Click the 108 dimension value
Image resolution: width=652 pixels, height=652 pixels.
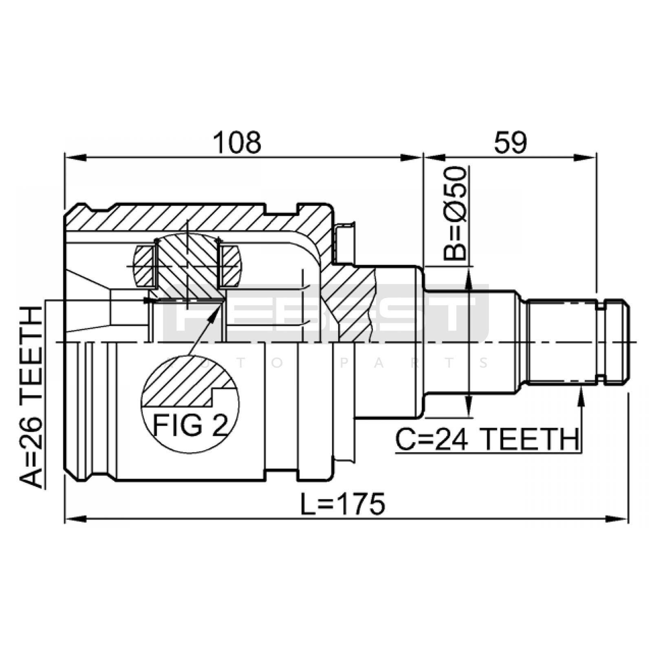(x=237, y=143)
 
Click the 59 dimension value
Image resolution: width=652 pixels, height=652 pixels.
(x=510, y=143)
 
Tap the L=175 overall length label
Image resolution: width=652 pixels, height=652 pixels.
(x=343, y=504)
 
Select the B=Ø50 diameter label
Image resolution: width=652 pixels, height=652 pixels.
(x=455, y=213)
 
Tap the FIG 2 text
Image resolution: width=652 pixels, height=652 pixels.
(x=190, y=425)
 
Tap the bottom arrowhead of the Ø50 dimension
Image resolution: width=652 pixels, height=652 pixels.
(x=469, y=406)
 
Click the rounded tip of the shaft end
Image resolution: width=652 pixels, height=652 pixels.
(x=626, y=341)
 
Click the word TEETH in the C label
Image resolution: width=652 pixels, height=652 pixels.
(x=531, y=439)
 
